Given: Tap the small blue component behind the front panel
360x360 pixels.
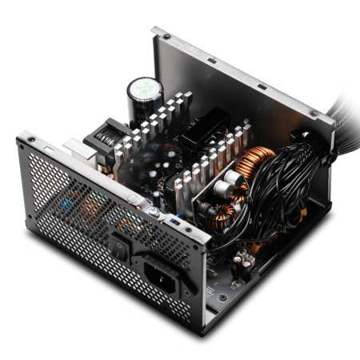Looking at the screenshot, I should pyautogui.click(x=171, y=218).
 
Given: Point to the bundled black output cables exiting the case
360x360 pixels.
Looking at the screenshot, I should pyautogui.click(x=336, y=112).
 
